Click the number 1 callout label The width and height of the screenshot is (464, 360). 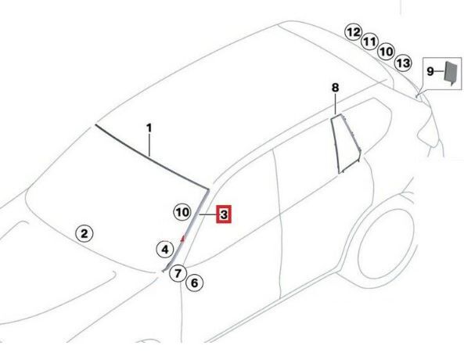click(x=149, y=128)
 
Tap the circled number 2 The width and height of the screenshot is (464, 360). click(x=85, y=233)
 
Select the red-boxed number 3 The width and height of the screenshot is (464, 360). click(x=224, y=214)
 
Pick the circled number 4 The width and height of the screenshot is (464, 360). click(x=165, y=250)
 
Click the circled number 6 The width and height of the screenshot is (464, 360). click(x=194, y=283)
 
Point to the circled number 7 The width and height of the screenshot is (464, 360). click(x=178, y=273)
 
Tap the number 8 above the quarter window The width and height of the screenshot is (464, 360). click(x=335, y=88)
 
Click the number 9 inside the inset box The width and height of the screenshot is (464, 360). click(x=430, y=71)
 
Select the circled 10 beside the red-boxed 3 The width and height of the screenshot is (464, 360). click(x=182, y=212)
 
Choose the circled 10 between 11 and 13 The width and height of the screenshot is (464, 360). click(x=387, y=52)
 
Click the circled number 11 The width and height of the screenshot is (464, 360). click(x=369, y=41)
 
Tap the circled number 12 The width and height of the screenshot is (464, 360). click(x=354, y=32)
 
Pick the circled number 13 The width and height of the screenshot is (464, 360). click(x=403, y=63)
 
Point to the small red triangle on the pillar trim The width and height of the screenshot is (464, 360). click(x=183, y=238)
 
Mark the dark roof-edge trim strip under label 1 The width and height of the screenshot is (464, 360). click(x=152, y=157)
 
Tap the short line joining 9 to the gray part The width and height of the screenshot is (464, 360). click(x=440, y=71)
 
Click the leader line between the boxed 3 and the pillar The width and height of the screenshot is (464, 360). click(x=207, y=214)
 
